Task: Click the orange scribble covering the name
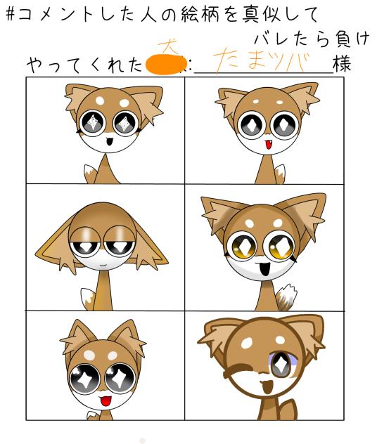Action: click(x=167, y=65)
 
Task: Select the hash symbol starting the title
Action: click(x=12, y=14)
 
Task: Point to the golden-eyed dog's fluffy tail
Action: click(x=284, y=296)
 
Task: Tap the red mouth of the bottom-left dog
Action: click(x=105, y=400)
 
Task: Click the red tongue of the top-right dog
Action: click(x=265, y=146)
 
